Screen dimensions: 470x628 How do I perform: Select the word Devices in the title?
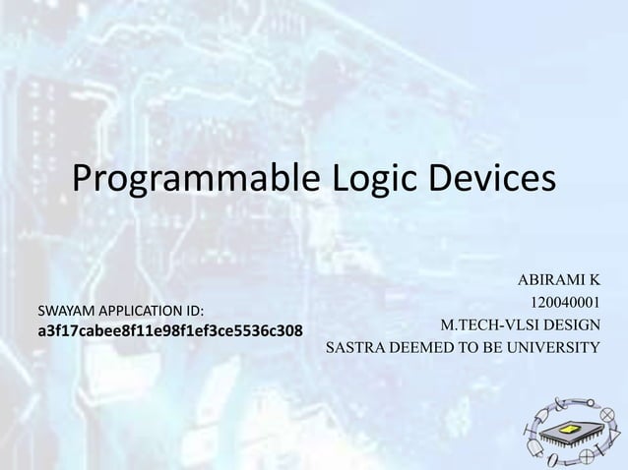[492, 180]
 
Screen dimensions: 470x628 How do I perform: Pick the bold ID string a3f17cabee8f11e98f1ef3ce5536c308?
[169, 328]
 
